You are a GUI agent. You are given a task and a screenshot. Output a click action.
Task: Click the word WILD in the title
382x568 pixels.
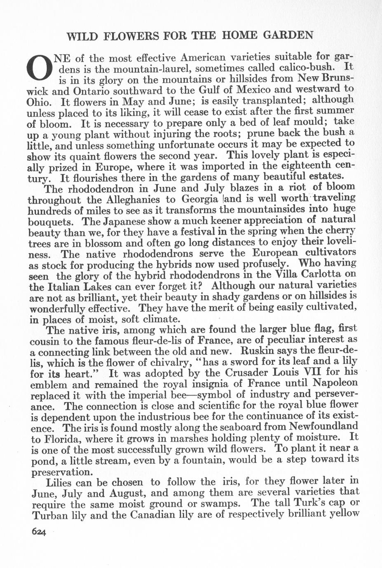[82, 36]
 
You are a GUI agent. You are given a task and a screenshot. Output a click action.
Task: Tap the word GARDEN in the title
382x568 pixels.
[288, 35]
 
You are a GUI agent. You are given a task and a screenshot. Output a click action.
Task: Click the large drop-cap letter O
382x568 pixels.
[39, 68]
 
